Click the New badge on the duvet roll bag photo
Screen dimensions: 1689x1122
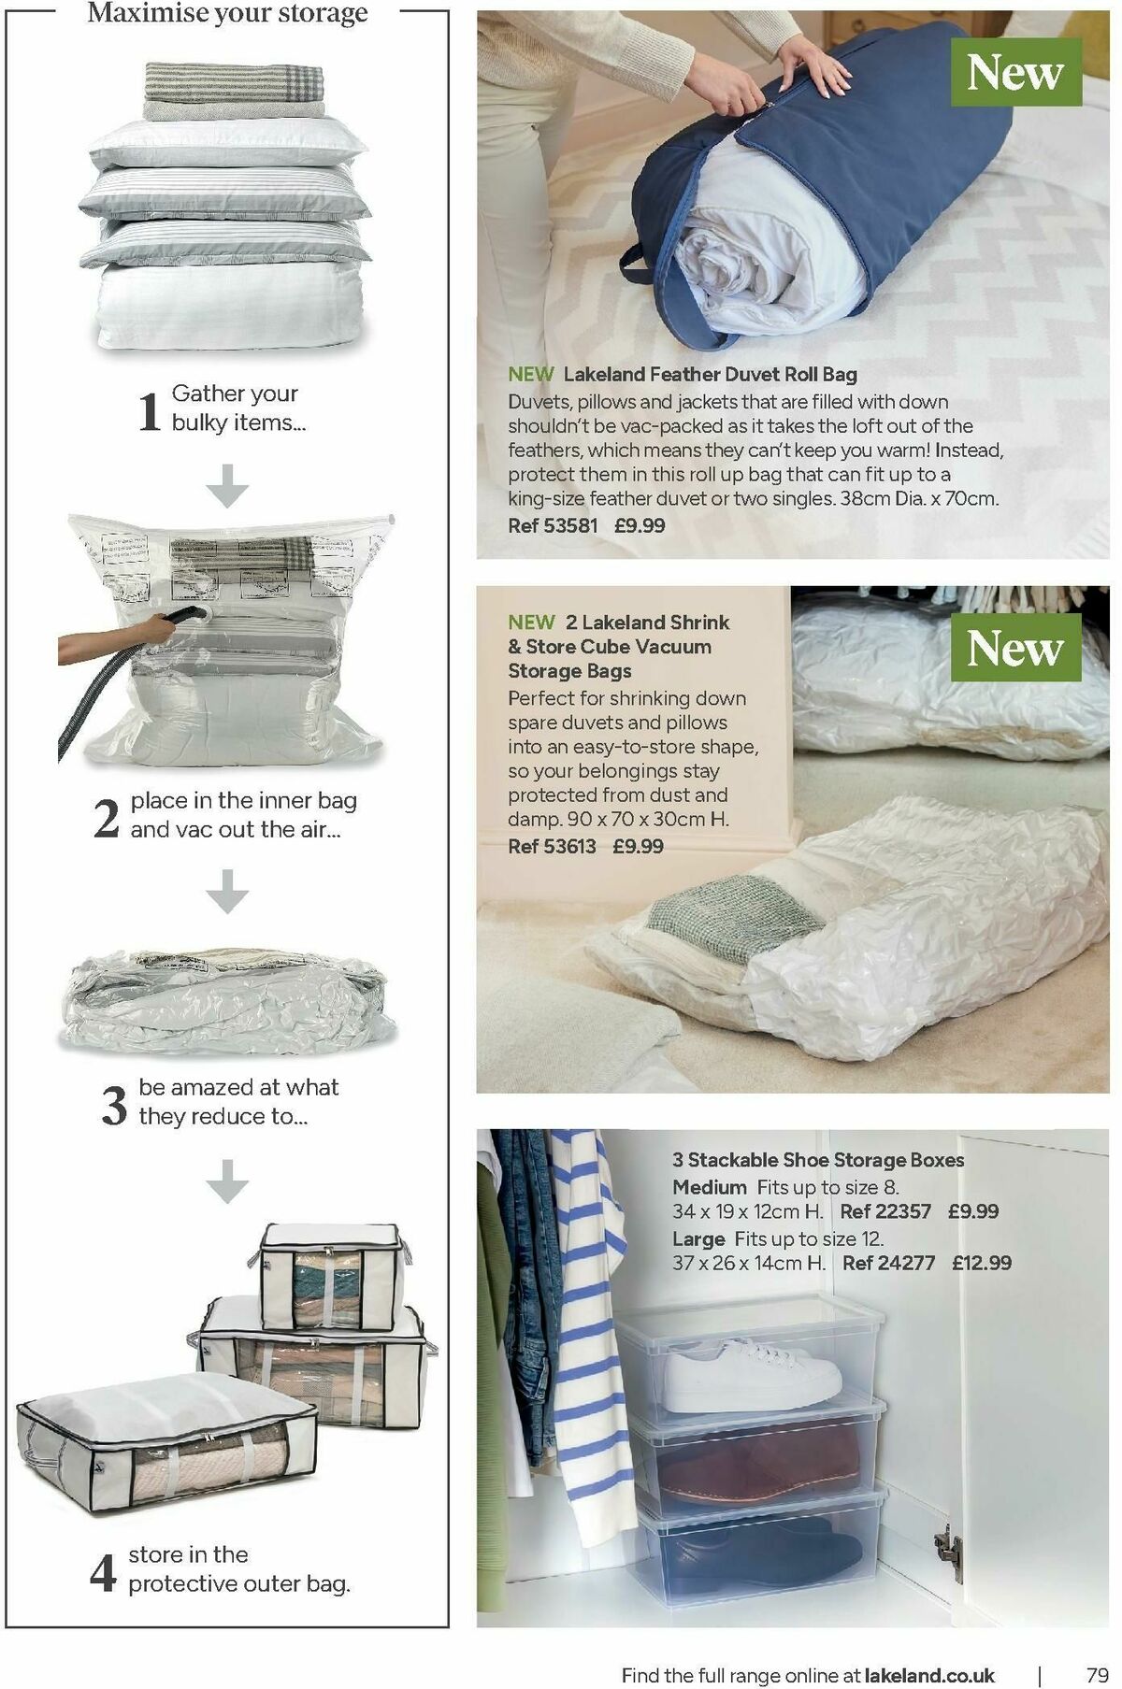point(1014,73)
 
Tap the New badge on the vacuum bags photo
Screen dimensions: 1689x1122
point(1014,648)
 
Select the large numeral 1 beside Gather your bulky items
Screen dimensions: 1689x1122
point(150,410)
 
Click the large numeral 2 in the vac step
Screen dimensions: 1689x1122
point(107,818)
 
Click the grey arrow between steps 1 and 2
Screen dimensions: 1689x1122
point(227,485)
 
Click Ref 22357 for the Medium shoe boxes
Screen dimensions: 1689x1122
point(885,1211)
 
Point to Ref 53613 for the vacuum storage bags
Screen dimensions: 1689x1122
point(552,846)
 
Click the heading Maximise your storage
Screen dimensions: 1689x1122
point(227,14)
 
